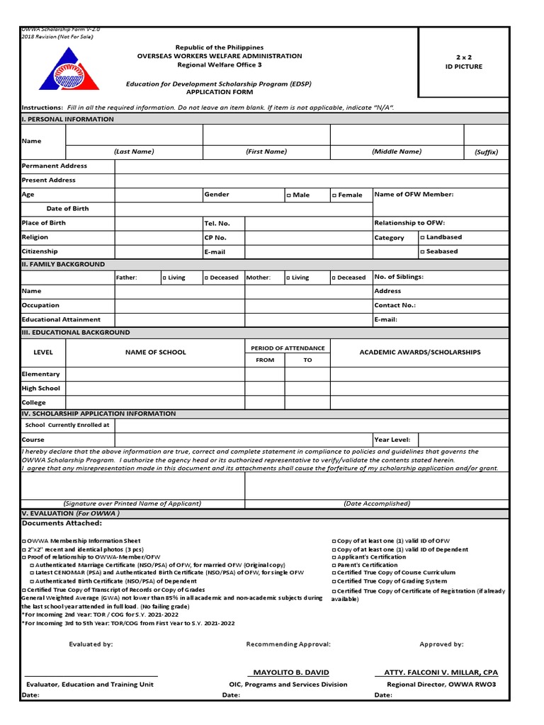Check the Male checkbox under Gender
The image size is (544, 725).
[x=289, y=195]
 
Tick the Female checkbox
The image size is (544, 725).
[x=334, y=195]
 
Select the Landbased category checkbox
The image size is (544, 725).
[x=423, y=237]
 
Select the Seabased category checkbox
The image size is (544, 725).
[x=423, y=251]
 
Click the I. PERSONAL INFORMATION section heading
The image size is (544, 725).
[x=68, y=119]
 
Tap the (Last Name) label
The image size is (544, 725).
[x=134, y=152]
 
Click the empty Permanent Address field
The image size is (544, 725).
[x=312, y=166]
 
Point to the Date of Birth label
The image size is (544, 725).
[x=67, y=209]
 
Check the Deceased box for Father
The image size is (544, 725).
[x=206, y=278]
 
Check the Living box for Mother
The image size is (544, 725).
[x=288, y=278]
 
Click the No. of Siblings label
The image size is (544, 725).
[x=398, y=277]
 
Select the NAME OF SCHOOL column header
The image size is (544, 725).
[x=156, y=352]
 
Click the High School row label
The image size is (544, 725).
[x=41, y=388]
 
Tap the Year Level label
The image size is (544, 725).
[x=392, y=440]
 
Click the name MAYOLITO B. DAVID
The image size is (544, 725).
[x=291, y=672]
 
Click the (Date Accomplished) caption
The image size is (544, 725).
[x=376, y=503]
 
